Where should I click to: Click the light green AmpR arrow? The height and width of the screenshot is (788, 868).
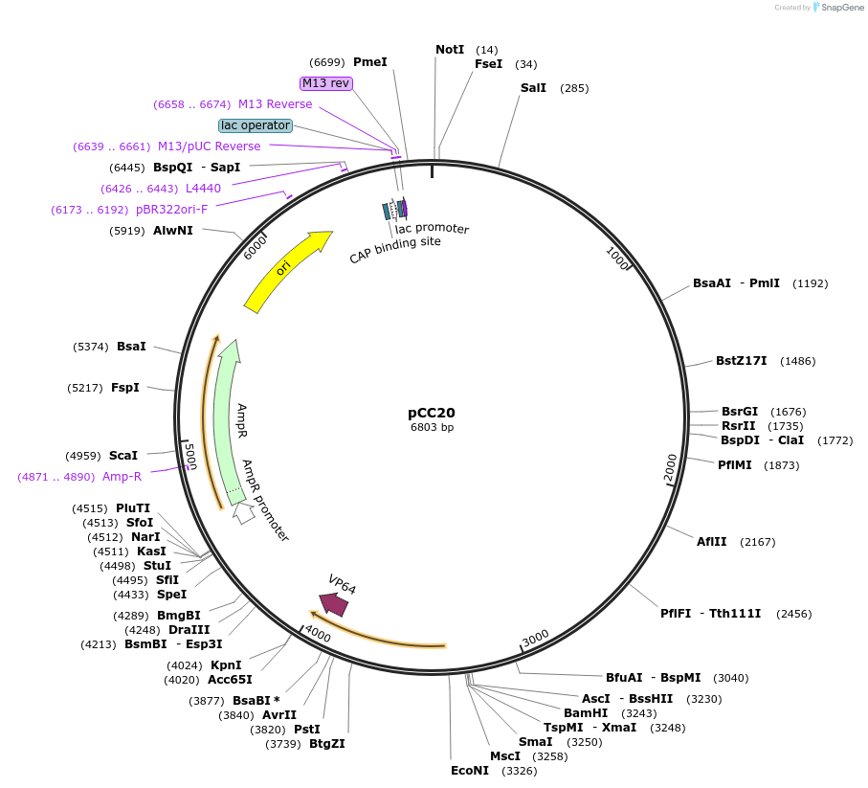[227, 421]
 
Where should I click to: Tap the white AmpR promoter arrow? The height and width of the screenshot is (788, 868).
[244, 512]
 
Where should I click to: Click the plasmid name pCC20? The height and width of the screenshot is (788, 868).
[432, 413]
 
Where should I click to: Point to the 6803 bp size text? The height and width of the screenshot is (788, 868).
[432, 427]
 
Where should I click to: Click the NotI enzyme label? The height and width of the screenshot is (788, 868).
[450, 49]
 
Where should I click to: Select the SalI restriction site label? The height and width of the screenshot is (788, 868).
[533, 88]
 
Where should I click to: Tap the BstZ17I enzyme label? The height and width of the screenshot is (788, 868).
[741, 361]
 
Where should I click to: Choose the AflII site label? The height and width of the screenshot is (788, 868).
[711, 541]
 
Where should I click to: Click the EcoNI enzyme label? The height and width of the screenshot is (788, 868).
[470, 770]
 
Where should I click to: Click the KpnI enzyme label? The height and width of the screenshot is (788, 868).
[226, 664]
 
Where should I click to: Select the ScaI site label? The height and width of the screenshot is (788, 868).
[122, 456]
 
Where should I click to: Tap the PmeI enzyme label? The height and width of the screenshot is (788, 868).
[370, 61]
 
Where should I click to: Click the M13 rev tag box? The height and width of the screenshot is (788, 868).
[326, 83]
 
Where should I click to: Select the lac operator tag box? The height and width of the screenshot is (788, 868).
[255, 125]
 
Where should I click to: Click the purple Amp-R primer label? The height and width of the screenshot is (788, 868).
[122, 476]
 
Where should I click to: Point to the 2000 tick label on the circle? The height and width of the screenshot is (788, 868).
[671, 466]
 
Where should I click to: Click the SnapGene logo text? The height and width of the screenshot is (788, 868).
[837, 8]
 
